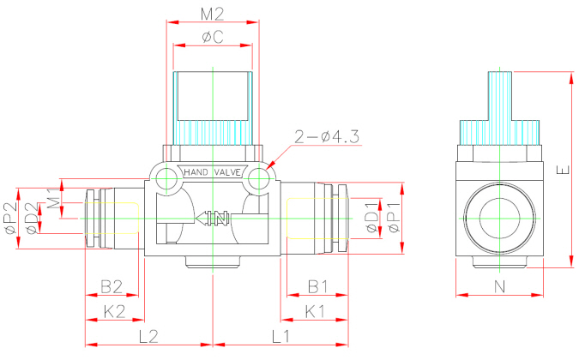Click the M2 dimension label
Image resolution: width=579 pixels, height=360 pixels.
point(212,14)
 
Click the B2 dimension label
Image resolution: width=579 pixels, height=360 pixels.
point(112,285)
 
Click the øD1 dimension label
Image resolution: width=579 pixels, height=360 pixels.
point(371,216)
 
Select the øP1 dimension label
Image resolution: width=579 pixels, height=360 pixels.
point(393,218)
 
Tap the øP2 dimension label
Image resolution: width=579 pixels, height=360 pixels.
point(10,218)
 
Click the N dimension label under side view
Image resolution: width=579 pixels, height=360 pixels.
point(500,285)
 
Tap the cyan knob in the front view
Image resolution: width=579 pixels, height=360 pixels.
point(212,108)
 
